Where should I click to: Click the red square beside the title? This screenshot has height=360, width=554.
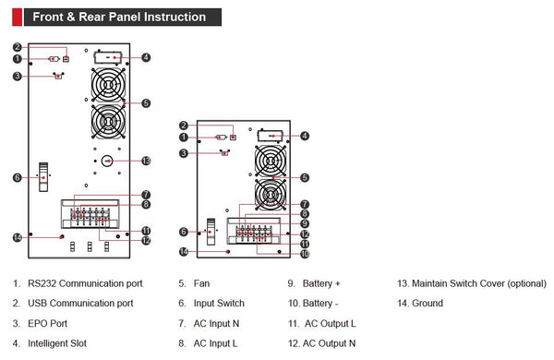(x=17, y=18)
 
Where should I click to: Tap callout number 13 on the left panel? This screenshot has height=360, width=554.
(x=146, y=162)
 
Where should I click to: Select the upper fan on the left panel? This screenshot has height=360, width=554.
(x=108, y=85)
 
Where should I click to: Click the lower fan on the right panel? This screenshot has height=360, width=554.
(x=271, y=195)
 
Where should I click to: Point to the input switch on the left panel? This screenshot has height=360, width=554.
(x=43, y=177)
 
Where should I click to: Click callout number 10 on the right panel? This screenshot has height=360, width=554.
(x=305, y=254)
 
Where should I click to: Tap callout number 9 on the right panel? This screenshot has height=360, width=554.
(x=305, y=223)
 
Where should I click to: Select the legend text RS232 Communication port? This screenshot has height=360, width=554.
(x=85, y=283)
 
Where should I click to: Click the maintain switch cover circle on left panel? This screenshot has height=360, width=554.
(x=107, y=162)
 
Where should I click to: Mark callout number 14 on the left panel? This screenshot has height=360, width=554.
(x=18, y=238)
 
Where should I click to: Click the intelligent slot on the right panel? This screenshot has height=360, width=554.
(x=271, y=136)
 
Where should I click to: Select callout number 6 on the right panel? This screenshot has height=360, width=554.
(x=184, y=232)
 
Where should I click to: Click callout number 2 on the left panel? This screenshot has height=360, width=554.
(x=18, y=47)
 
